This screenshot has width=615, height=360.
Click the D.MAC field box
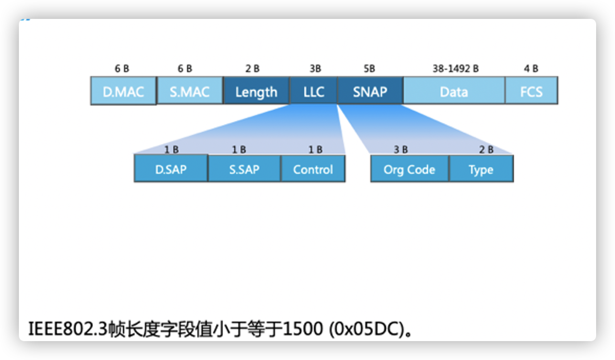(123, 92)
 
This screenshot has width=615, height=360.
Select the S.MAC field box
(189, 92)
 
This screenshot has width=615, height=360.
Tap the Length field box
(256, 92)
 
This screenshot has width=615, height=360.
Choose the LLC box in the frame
(313, 92)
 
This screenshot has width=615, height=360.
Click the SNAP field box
(370, 92)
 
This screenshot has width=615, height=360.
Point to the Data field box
(454, 92)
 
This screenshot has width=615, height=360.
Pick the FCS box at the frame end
(531, 92)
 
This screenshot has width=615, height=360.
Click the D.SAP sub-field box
(171, 170)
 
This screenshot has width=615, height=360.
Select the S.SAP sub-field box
(245, 170)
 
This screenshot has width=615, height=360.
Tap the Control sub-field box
(313, 170)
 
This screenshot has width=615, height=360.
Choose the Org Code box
(409, 170)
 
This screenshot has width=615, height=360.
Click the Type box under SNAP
(481, 170)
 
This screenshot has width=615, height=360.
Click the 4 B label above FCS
(531, 69)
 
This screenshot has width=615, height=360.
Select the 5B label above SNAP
(369, 69)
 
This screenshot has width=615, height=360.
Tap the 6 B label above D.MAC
(122, 69)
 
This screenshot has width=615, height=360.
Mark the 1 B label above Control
(315, 150)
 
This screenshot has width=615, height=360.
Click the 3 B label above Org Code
(401, 150)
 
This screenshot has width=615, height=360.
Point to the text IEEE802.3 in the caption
(66, 330)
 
